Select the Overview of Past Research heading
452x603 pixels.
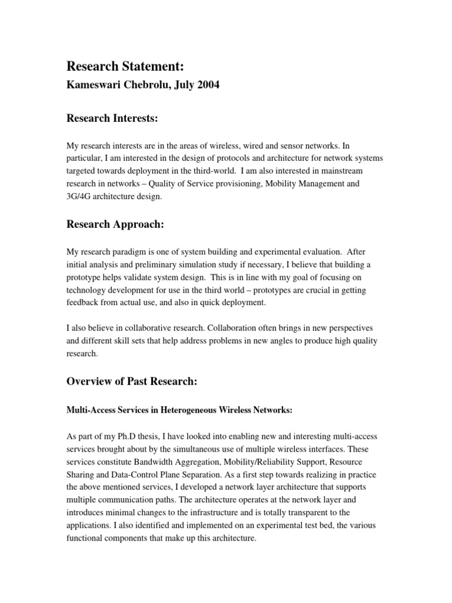pos(131,381)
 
